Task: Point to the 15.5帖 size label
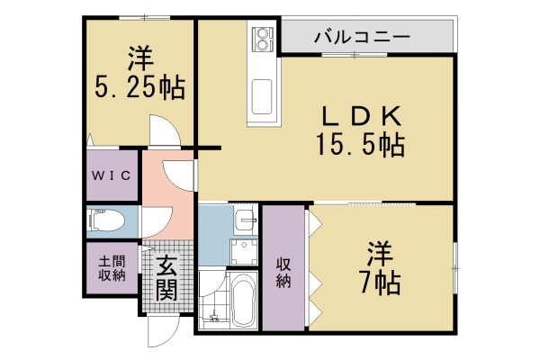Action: click(358, 143)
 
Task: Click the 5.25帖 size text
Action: click(139, 86)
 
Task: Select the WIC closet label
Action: click(112, 175)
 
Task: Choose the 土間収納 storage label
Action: click(112, 268)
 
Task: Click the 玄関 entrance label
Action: click(166, 278)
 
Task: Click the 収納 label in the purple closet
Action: click(283, 271)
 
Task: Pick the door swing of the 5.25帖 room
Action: click(164, 133)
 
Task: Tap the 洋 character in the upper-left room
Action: click(139, 58)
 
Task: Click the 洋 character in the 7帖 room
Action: click(377, 252)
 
